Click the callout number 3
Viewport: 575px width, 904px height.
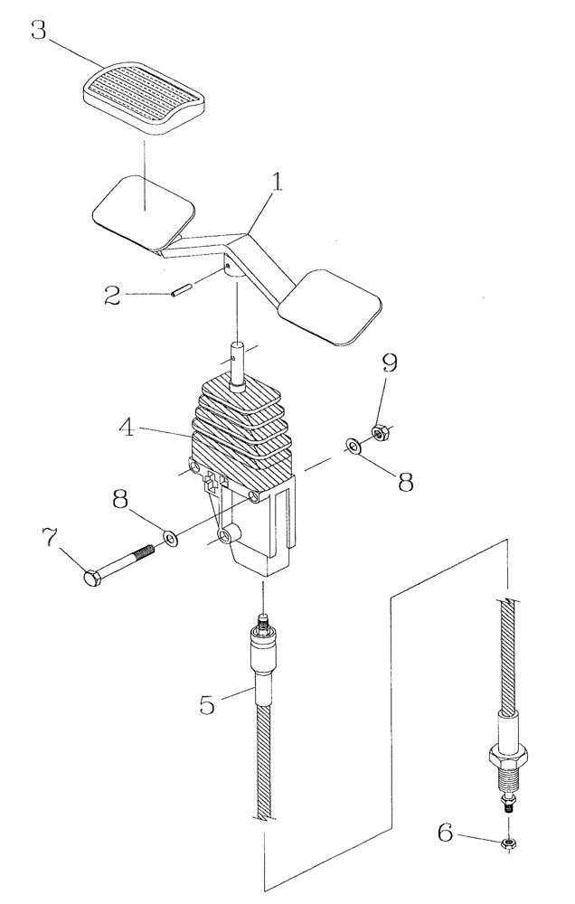(39, 30)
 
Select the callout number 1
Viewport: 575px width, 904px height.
(278, 184)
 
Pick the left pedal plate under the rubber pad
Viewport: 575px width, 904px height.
(146, 211)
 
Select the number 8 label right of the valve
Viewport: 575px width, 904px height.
(406, 481)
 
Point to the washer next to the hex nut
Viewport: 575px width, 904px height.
(351, 445)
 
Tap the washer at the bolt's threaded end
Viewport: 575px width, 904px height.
(169, 541)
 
